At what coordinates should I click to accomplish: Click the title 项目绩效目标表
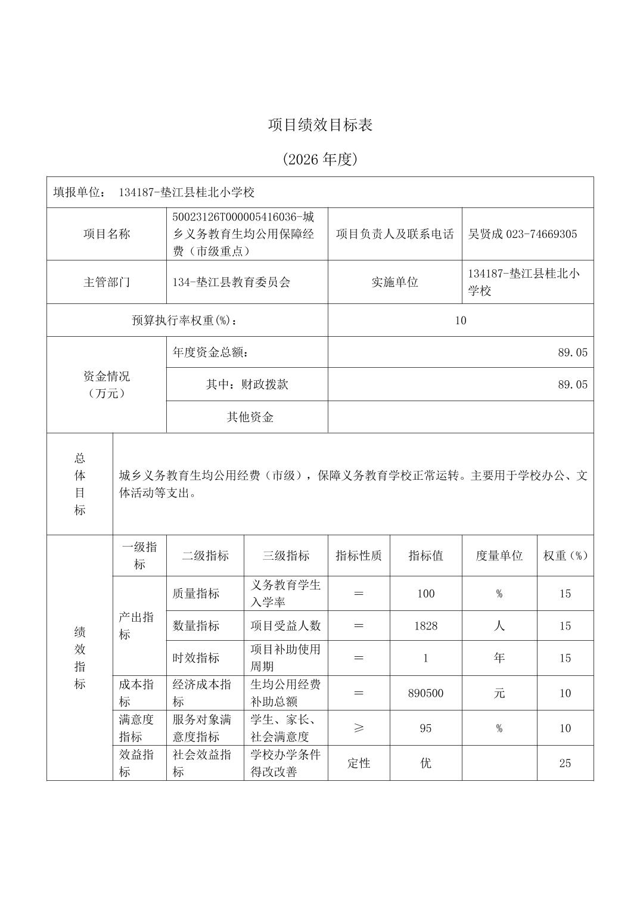320,125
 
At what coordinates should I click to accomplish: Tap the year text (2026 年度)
320,159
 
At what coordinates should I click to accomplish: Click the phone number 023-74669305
541,234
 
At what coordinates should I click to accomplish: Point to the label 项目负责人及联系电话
394,234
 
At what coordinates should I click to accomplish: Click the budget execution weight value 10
460,320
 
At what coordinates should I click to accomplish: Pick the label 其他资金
250,417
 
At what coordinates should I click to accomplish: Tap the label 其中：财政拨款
247,384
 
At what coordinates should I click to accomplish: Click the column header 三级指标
285,556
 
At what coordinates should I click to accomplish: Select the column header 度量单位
499,556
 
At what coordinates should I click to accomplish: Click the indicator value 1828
425,626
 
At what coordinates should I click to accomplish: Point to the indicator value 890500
425,693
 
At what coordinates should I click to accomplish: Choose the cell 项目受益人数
285,626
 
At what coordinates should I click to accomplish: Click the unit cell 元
499,693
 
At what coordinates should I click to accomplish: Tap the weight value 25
565,763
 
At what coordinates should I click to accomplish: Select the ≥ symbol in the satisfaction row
359,728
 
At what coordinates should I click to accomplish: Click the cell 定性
359,763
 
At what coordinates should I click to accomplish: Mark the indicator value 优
425,763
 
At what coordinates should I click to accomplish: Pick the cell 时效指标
196,658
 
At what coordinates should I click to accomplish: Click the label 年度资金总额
210,352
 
